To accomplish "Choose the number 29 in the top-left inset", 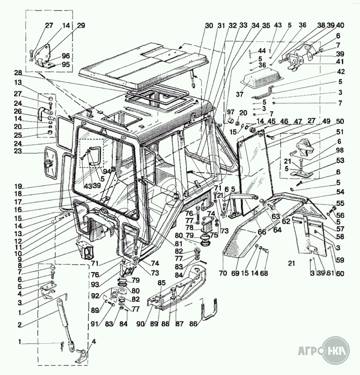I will (81, 25).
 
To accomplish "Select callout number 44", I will (262, 51).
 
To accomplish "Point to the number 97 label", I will (230, 112).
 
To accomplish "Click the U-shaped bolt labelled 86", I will (210, 311).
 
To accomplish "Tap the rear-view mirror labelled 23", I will (51, 163).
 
